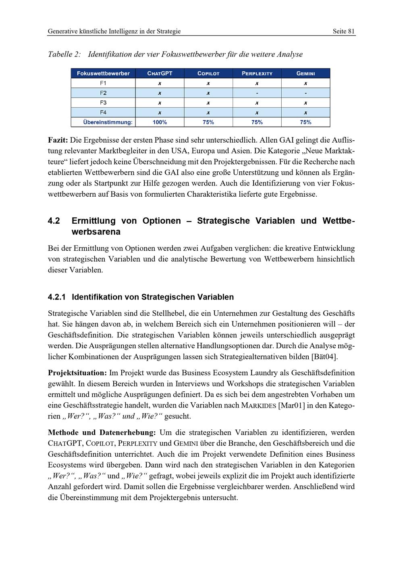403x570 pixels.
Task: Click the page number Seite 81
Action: pos(343,31)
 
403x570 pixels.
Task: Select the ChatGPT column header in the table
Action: pos(160,73)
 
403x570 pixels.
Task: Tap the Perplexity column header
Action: pos(257,73)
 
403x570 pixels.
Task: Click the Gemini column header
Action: pos(305,73)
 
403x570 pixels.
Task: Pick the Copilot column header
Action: pos(208,73)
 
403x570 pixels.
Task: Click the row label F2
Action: pos(103,93)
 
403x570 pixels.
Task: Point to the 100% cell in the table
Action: pos(160,122)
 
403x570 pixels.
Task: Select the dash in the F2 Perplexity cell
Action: pos(257,93)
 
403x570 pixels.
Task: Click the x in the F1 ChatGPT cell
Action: pos(160,83)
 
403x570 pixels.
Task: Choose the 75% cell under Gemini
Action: pos(305,122)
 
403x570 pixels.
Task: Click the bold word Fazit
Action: pos(58,140)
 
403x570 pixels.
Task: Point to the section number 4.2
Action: pos(54,221)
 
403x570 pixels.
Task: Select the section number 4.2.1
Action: pos(56,297)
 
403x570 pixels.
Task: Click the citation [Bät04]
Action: pos(325,357)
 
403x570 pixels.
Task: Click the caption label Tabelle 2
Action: pos(64,54)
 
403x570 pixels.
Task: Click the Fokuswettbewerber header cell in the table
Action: pos(103,73)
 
